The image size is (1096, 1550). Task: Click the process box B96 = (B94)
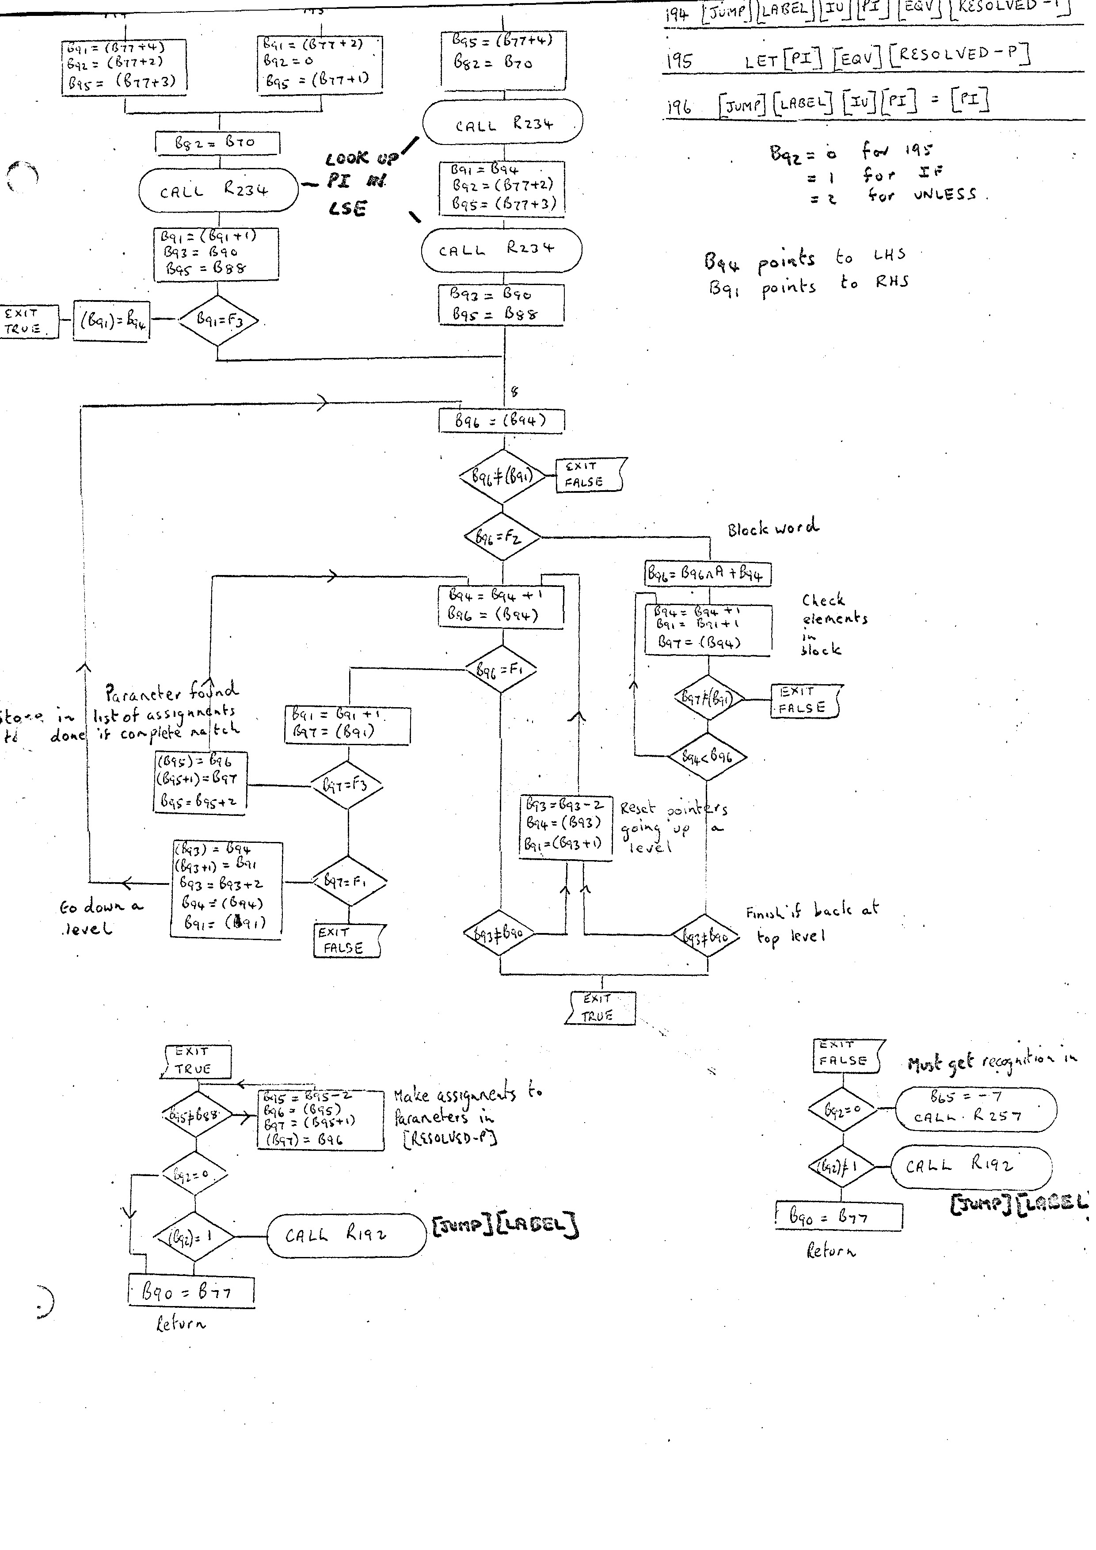point(501,421)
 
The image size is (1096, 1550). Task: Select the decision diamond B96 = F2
point(502,537)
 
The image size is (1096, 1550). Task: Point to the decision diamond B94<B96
point(707,757)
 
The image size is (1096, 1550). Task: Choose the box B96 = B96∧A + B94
point(707,574)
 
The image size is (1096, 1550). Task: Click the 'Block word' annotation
point(773,527)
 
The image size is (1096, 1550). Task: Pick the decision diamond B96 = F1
point(500,670)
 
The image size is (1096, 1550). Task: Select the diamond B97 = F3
point(347,785)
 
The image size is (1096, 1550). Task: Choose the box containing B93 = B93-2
point(566,827)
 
